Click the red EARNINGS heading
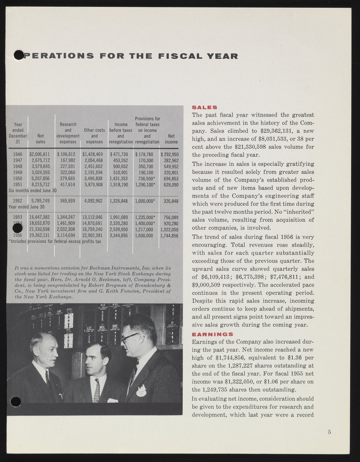click(213, 334)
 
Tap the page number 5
click(329, 432)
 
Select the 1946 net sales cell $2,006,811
click(39, 154)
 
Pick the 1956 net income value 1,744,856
click(169, 236)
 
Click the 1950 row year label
click(18, 179)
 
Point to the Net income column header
click(171, 139)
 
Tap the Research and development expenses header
click(68, 133)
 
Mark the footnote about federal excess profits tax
click(55, 241)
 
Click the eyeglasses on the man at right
click(130, 338)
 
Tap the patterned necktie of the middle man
click(97, 390)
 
